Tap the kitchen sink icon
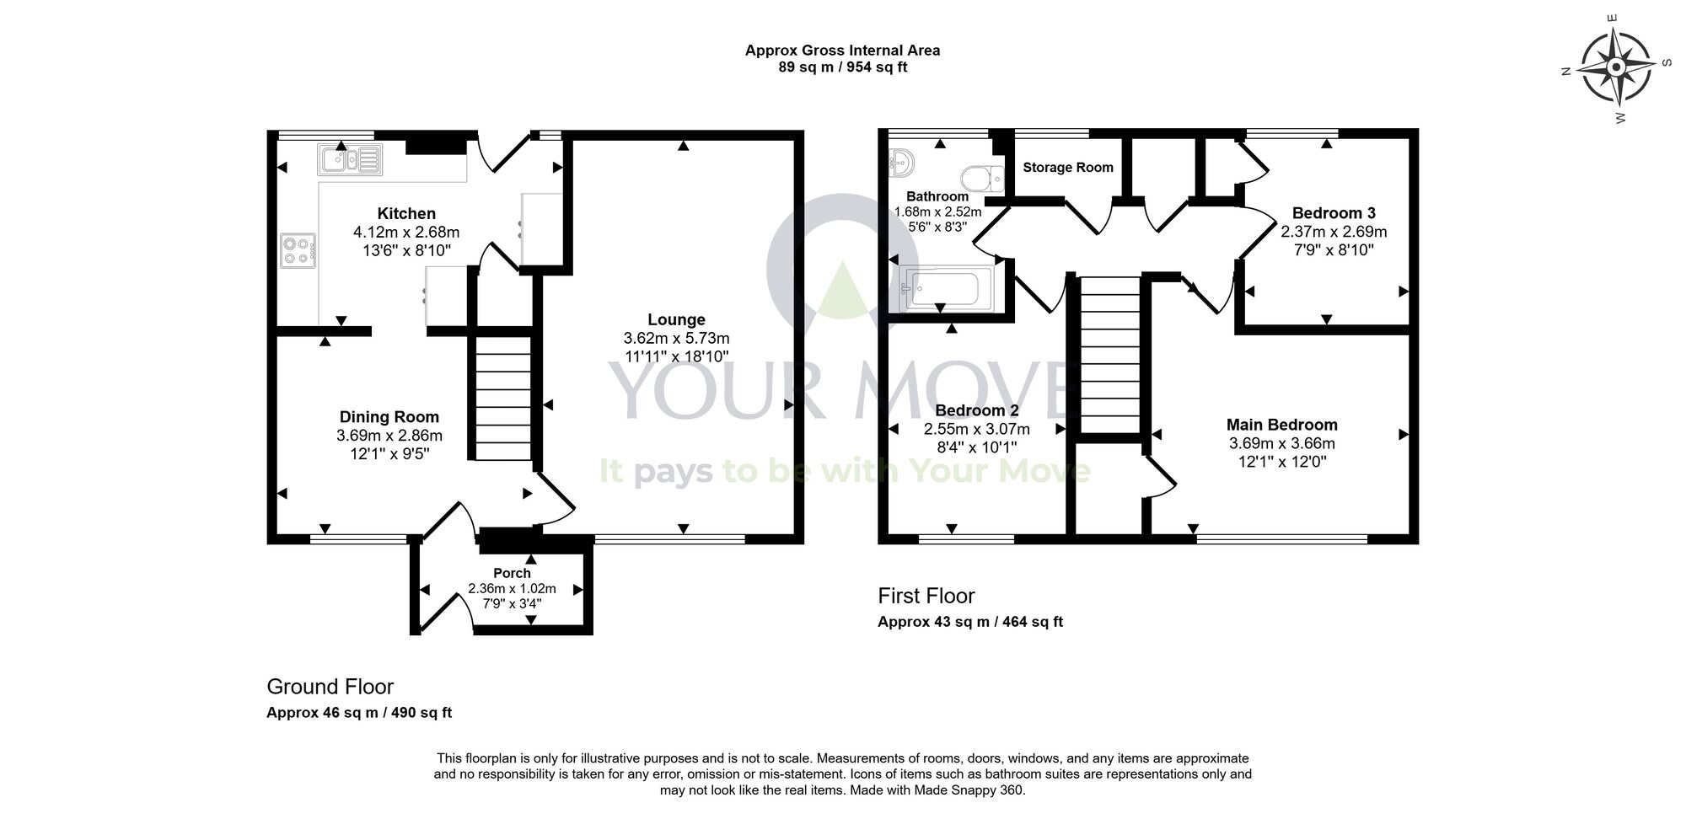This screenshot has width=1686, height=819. [350, 159]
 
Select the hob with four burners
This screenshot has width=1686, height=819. [298, 250]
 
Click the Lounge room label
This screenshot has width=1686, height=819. [676, 319]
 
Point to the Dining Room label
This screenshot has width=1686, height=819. [389, 416]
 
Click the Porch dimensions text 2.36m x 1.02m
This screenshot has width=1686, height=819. [512, 589]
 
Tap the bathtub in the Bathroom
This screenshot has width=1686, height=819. [947, 288]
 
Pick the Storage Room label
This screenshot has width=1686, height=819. [1067, 167]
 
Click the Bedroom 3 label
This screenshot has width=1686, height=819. [1333, 212]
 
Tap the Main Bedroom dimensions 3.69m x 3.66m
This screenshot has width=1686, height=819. [1281, 443]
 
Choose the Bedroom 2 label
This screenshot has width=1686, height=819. [976, 410]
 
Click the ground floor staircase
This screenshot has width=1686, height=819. [502, 398]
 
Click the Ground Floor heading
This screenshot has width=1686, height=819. [330, 686]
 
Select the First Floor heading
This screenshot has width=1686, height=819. [926, 596]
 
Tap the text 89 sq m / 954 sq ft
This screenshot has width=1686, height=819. [841, 67]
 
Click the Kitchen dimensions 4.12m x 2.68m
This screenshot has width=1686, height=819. [406, 232]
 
